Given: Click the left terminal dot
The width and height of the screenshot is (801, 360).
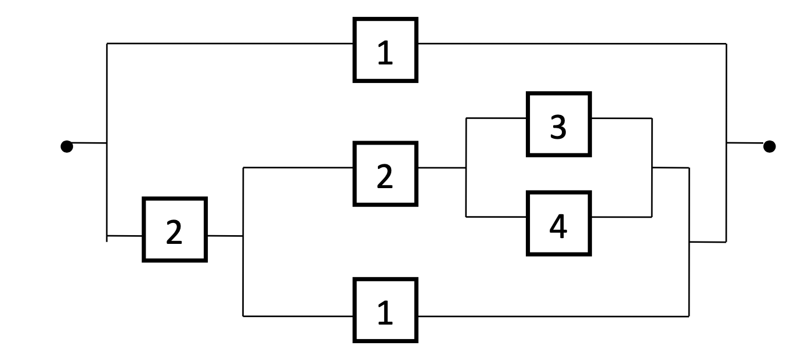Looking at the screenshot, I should [x=67, y=146].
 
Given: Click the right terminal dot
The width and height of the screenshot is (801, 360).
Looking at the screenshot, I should [x=769, y=146].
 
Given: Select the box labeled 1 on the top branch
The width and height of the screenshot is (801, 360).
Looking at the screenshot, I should [x=385, y=50].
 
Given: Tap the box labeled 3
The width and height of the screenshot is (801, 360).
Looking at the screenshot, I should [x=558, y=124].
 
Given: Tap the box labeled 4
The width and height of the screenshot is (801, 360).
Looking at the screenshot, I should [x=558, y=224].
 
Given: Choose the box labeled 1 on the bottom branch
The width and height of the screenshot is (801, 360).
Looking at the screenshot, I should [x=385, y=310].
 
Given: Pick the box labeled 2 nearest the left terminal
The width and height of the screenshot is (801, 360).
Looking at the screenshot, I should [x=174, y=229].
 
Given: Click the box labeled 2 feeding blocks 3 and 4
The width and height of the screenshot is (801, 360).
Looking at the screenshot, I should [x=385, y=174].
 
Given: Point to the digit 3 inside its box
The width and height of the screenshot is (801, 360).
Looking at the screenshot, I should [x=558, y=127].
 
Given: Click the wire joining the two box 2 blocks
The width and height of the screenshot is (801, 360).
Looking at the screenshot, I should [x=225, y=236].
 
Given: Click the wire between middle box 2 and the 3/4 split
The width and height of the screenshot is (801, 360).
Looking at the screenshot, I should [x=441, y=168].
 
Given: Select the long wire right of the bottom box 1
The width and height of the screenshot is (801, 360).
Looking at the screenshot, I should [x=551, y=316].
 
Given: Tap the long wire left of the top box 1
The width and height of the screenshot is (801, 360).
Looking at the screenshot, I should [x=232, y=44].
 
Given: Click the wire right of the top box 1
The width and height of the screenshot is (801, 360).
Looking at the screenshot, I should [x=569, y=44].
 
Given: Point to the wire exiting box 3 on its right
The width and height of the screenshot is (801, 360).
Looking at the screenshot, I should [x=621, y=118].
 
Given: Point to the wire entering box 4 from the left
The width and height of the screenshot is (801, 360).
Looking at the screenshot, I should [x=496, y=217].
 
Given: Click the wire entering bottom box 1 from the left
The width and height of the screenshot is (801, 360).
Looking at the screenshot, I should [x=299, y=316].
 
